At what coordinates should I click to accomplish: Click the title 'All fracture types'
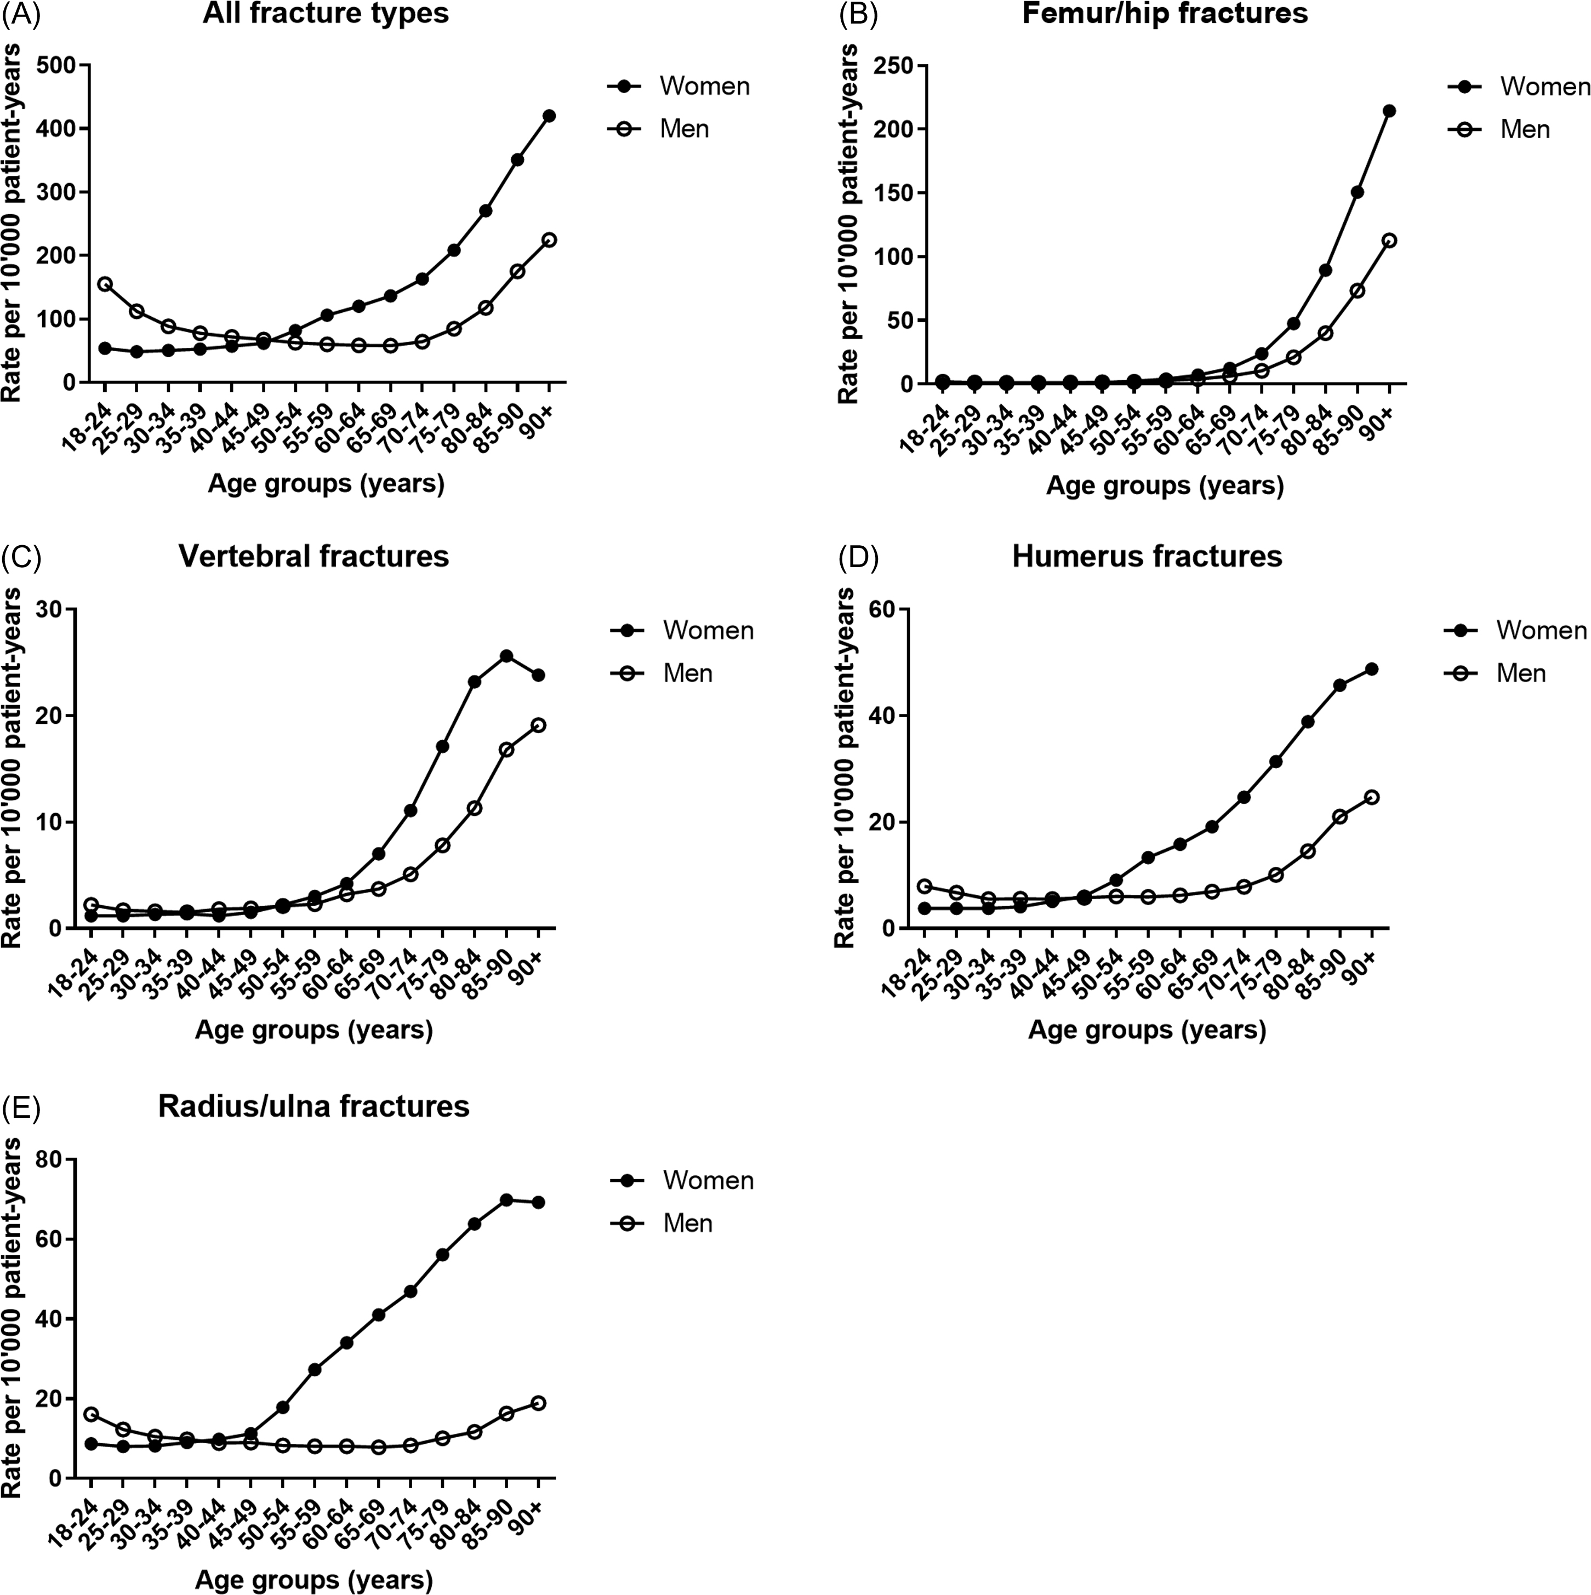[x=326, y=14]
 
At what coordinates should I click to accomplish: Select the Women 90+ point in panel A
[x=549, y=116]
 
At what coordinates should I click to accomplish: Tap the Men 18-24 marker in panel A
[x=105, y=284]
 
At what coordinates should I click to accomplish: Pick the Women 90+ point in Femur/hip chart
[x=1389, y=111]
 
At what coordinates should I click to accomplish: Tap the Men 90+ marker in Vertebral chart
[x=538, y=725]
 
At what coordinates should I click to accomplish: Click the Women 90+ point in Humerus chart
[x=1371, y=668]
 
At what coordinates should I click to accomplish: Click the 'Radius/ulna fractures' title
[x=313, y=1106]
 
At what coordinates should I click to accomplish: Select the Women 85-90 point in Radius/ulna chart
[x=506, y=1199]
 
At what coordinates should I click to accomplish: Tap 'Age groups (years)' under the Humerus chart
[x=1147, y=1030]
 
